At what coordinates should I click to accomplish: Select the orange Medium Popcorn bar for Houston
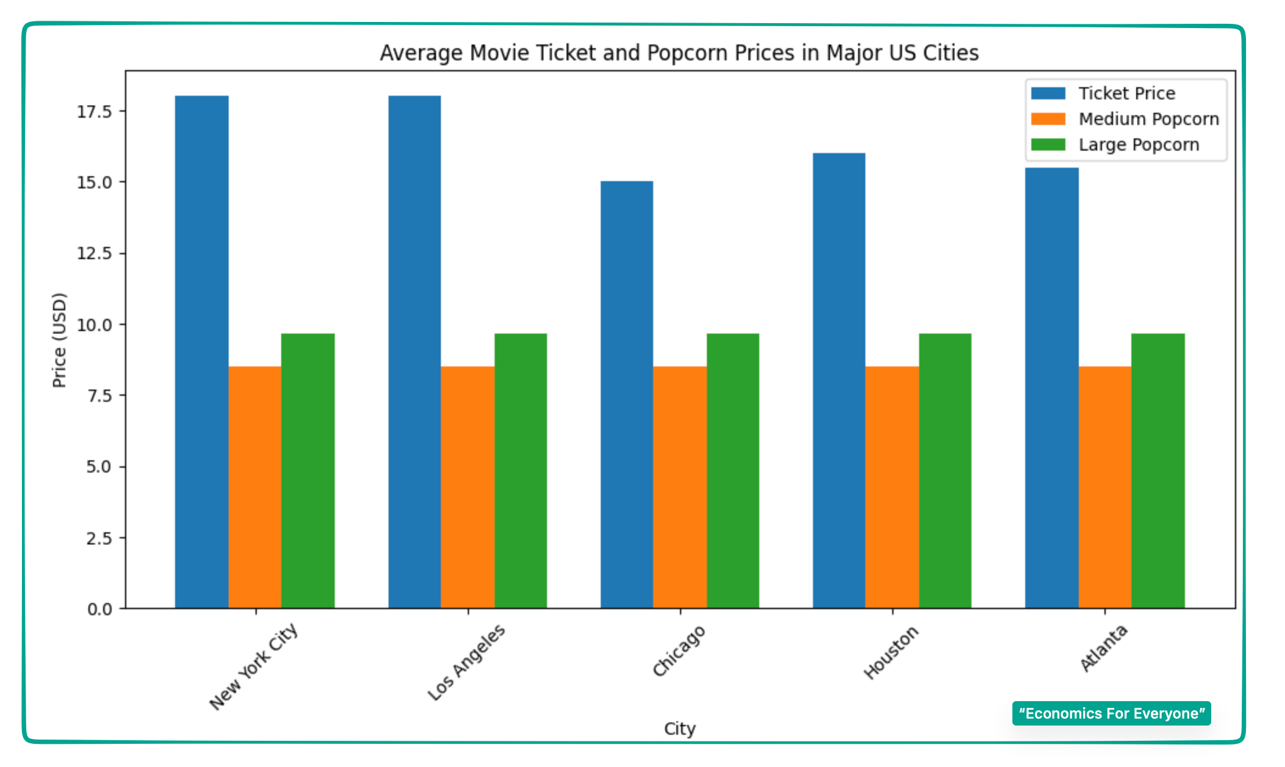click(x=892, y=487)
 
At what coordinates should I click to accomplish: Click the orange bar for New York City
click(x=255, y=487)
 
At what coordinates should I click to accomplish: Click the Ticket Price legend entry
click(x=1126, y=93)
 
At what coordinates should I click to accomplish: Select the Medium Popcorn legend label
click(x=1148, y=119)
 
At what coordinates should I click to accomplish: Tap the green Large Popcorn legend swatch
click(x=1048, y=144)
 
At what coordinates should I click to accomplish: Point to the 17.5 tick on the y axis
click(x=95, y=112)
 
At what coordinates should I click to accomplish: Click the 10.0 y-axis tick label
click(x=95, y=325)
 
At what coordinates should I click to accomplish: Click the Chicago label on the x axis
click(x=678, y=651)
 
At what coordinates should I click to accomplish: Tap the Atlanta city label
click(x=1103, y=647)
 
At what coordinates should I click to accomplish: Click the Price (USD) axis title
click(x=59, y=340)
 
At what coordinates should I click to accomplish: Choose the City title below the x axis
click(x=679, y=729)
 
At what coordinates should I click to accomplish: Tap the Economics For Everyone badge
click(x=1111, y=713)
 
